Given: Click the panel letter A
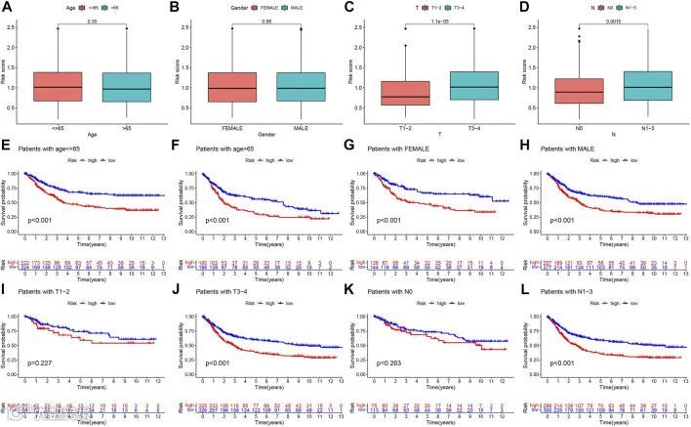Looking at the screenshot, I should [x=8, y=9].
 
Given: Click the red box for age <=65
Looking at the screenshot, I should [x=58, y=86].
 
